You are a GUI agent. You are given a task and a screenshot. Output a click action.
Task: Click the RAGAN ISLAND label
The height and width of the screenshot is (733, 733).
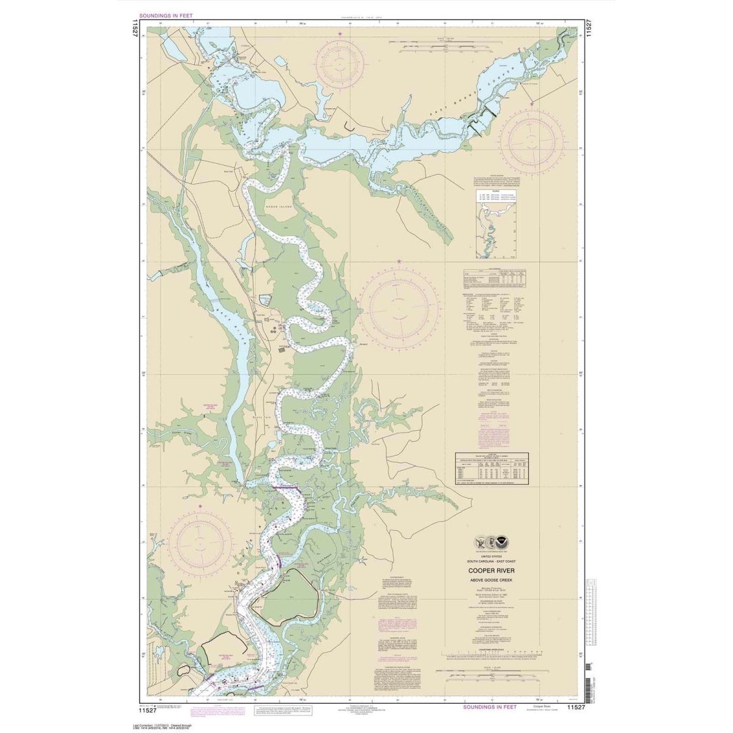(279, 208)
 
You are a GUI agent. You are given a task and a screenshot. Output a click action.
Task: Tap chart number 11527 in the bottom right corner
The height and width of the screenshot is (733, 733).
(577, 708)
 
